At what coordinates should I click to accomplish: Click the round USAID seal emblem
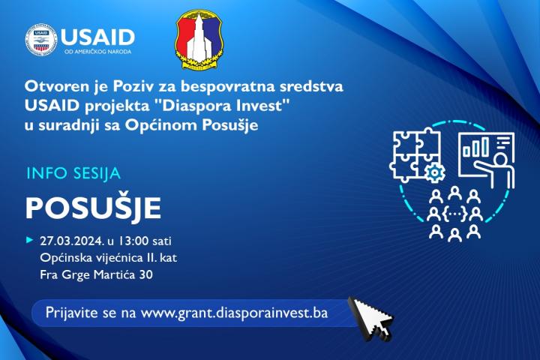click(x=41, y=39)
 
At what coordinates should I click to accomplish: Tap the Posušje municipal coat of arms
click(x=199, y=39)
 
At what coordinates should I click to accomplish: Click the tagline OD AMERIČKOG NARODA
click(x=98, y=52)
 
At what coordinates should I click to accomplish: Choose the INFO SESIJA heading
click(x=73, y=173)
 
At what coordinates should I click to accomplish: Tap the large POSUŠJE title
click(x=93, y=208)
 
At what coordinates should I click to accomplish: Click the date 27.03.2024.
click(x=72, y=241)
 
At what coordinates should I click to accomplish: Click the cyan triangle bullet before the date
click(x=30, y=240)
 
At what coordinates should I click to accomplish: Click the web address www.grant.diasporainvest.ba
click(x=234, y=313)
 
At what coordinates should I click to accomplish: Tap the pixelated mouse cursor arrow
click(x=371, y=319)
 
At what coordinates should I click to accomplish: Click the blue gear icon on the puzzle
click(x=435, y=172)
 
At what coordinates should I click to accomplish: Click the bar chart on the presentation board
click(x=475, y=147)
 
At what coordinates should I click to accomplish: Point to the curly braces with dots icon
click(x=454, y=214)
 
